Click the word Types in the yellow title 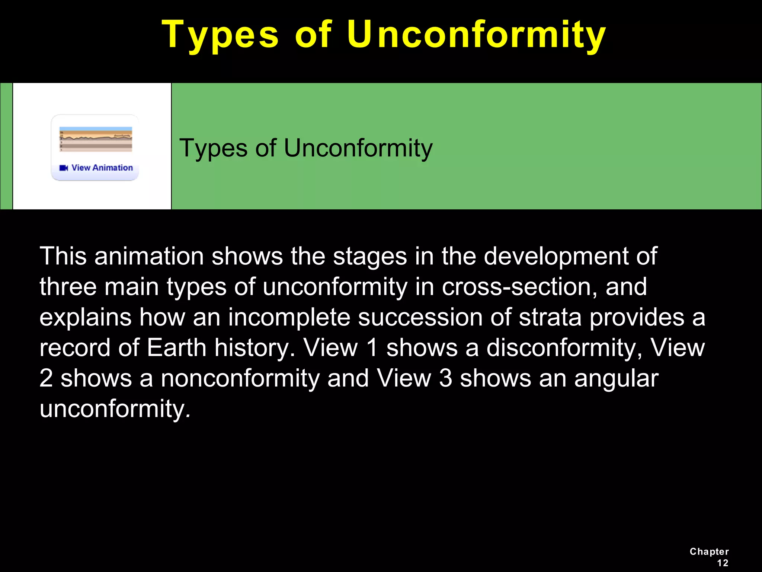(x=220, y=35)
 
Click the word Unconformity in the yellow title (x=476, y=35)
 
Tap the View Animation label (x=102, y=168)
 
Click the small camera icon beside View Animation (x=64, y=168)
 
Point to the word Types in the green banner (x=214, y=148)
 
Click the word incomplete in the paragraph (x=289, y=317)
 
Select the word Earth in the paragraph (x=176, y=348)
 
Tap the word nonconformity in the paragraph (x=240, y=378)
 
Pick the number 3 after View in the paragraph (x=445, y=378)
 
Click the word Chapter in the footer (x=709, y=552)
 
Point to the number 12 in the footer (x=722, y=563)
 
